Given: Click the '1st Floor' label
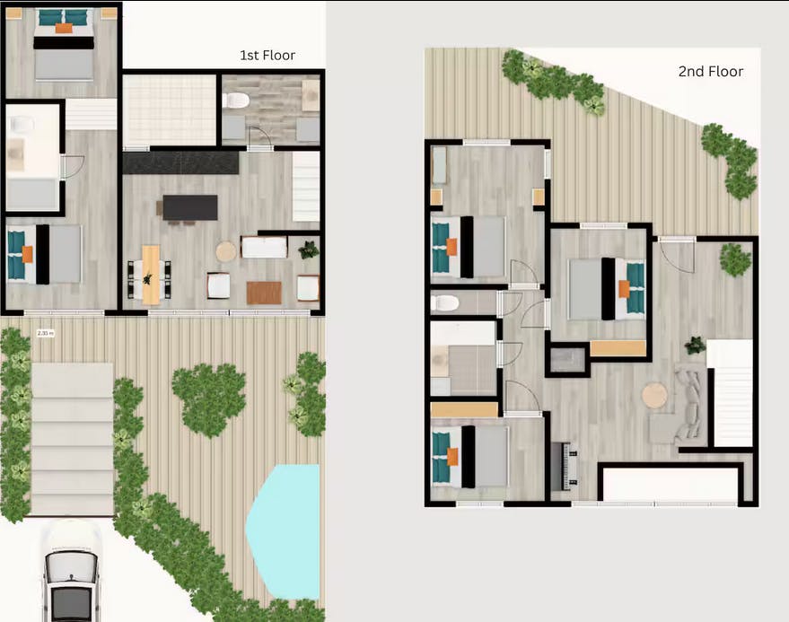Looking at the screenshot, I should [x=267, y=56].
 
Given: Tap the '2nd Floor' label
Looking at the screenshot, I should [x=710, y=72].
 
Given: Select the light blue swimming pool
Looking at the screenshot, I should [x=285, y=530].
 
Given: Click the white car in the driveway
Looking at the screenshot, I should [x=71, y=575].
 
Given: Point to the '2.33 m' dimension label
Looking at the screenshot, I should [x=44, y=332].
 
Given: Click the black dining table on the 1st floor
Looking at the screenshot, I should [x=189, y=207].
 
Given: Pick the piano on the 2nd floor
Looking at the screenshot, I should [x=565, y=465].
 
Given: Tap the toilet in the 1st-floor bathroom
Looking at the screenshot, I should [x=235, y=101].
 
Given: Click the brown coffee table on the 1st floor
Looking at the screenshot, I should [x=264, y=292].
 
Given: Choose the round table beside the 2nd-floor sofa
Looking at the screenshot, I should [x=654, y=396].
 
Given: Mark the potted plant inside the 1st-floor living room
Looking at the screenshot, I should [x=309, y=250].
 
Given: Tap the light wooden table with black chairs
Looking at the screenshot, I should [x=151, y=273].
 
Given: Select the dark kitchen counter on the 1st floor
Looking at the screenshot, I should [x=180, y=162].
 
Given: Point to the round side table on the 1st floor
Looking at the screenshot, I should [x=226, y=250].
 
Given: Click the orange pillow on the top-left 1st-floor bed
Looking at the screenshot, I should [x=63, y=28].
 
